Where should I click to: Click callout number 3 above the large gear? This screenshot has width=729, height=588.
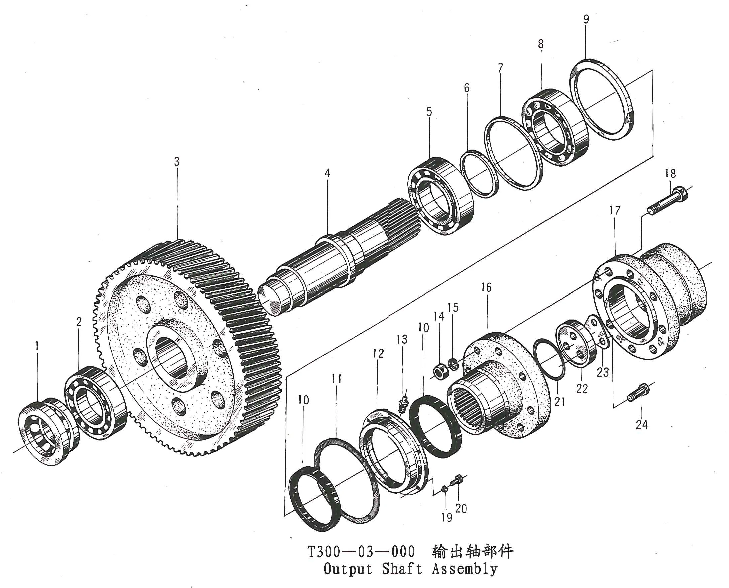coord(177,161)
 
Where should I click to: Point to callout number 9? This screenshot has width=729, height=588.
coord(586,19)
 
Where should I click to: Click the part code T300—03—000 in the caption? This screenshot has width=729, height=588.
coord(361,552)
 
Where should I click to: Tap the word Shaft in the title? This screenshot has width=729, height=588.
coord(402,569)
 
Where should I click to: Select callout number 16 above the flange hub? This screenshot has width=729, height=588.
coord(486,287)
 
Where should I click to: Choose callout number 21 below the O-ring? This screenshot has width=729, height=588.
coord(559,402)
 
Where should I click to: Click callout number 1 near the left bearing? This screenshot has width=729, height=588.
coord(37,346)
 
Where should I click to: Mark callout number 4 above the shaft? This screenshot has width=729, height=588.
coord(327,173)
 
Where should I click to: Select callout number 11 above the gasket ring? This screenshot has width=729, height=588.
coord(336,378)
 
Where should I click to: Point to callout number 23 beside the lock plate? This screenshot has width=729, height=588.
coord(603,372)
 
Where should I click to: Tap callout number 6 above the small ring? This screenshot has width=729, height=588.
coord(467,88)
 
